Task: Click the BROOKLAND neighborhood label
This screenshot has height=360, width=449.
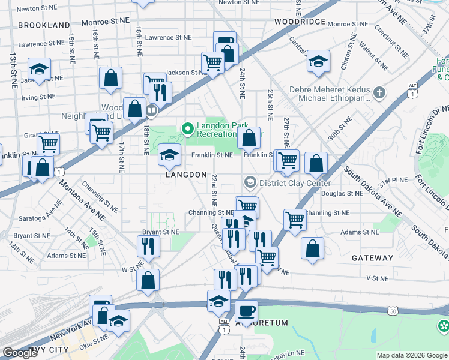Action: pos(44,25)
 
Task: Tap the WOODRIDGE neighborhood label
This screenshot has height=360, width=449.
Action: pos(300,22)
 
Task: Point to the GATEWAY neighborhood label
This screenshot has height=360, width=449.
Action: pos(373,258)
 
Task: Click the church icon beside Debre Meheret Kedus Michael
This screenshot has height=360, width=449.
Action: pos(378,93)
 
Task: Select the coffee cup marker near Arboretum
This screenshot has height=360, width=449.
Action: pos(246,311)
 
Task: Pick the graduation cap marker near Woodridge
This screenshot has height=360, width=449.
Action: pos(318,61)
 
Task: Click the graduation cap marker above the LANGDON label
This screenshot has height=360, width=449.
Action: pos(169,155)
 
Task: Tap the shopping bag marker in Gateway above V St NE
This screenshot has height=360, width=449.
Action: pos(313,248)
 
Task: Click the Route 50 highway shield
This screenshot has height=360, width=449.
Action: pos(393,311)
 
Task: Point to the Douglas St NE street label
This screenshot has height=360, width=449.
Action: pos(342,194)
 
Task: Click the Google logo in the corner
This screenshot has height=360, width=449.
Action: pos(20,353)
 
